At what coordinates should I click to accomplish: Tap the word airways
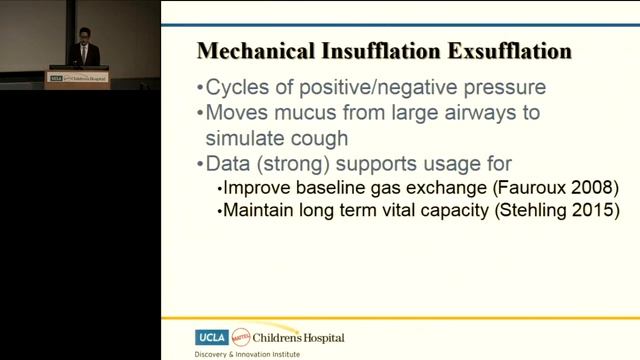tap(502, 112)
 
